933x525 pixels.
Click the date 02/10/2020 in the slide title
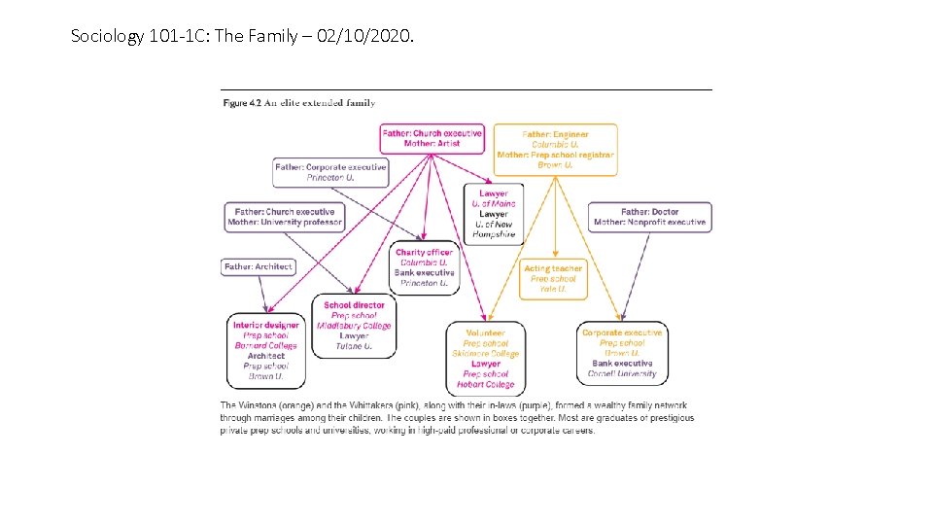(371, 37)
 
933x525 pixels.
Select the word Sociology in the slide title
(107, 37)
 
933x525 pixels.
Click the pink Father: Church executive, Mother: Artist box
(432, 138)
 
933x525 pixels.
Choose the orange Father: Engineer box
(555, 150)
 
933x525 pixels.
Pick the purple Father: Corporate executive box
(330, 173)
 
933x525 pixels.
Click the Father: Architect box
(259, 266)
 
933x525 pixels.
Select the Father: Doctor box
(649, 217)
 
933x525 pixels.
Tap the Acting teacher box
(553, 279)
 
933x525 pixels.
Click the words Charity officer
(424, 253)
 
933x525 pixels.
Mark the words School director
(355, 305)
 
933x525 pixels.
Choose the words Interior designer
(266, 325)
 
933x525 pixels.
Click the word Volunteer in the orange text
(486, 333)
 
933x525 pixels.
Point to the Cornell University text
(622, 373)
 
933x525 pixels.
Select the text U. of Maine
(494, 204)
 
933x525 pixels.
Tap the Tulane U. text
(355, 346)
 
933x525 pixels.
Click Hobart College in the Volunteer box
(486, 384)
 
